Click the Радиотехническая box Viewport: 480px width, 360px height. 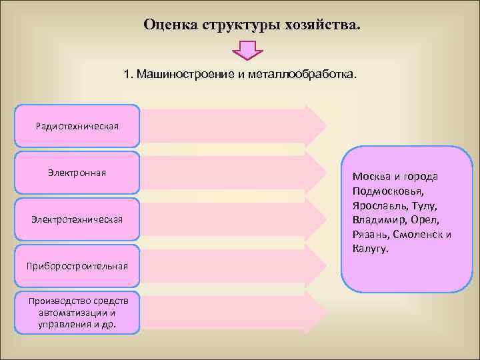[77, 126]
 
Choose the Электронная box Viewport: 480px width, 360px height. [77, 173]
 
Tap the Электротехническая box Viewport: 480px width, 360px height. [77, 219]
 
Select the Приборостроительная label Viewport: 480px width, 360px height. [77, 267]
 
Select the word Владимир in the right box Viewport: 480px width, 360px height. [377, 220]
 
